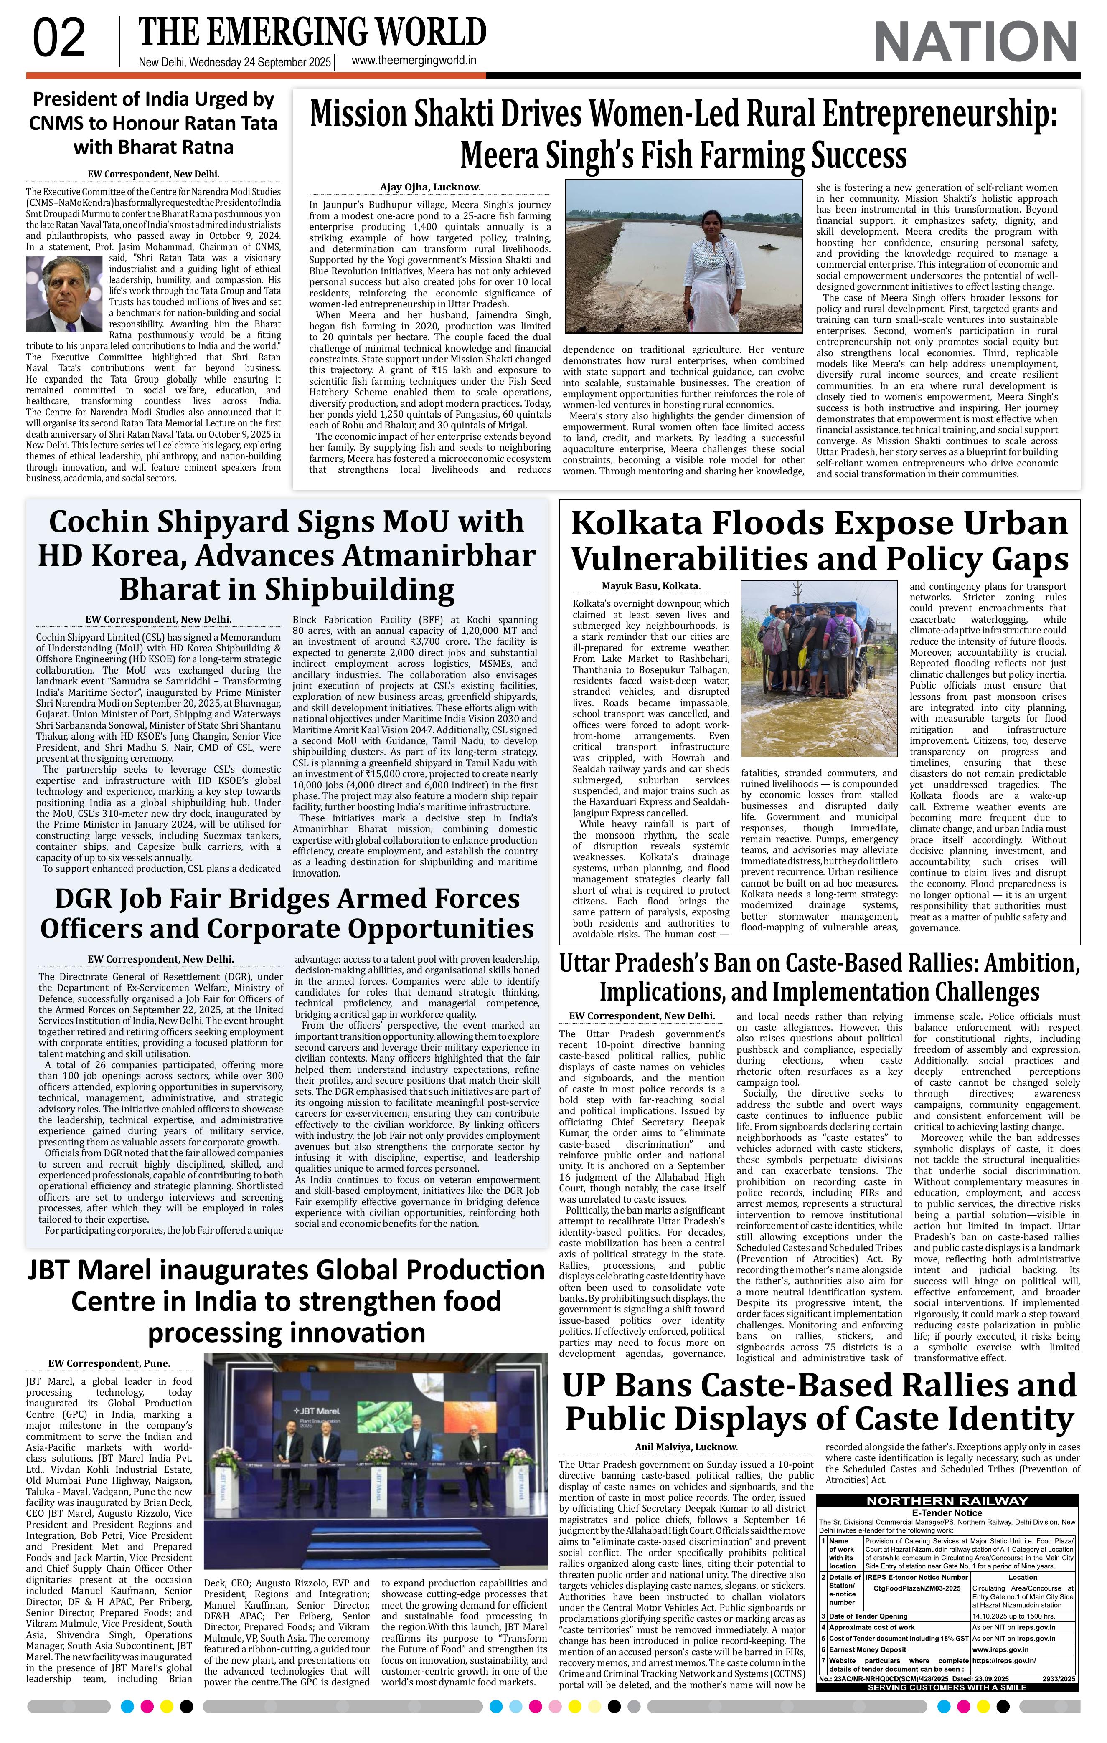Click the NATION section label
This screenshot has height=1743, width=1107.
click(976, 42)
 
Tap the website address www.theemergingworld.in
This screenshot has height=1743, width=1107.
click(414, 61)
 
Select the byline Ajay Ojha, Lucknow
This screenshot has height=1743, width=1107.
click(430, 187)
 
